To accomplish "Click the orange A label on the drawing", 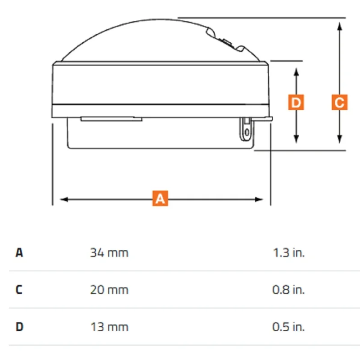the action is pyautogui.click(x=160, y=198).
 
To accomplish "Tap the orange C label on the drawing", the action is pyautogui.click(x=340, y=102).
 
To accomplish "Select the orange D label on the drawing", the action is pyautogui.click(x=296, y=102).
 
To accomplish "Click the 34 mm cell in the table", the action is pyautogui.click(x=109, y=253).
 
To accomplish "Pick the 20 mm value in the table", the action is pyautogui.click(x=109, y=290).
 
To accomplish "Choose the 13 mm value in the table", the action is pyautogui.click(x=109, y=327).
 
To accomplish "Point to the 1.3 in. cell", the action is pyautogui.click(x=288, y=253).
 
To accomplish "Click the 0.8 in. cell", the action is pyautogui.click(x=288, y=290).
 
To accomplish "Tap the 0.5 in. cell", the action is pyautogui.click(x=288, y=327).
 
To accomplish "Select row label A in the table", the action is pyautogui.click(x=19, y=253).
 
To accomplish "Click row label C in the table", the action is pyautogui.click(x=19, y=290).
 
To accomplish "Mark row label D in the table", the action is pyautogui.click(x=19, y=327).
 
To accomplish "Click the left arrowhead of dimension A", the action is pyautogui.click(x=63, y=199).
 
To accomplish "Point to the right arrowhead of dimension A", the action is pyautogui.click(x=259, y=199).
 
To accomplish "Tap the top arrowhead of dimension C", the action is pyautogui.click(x=340, y=26).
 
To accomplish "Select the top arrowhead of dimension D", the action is pyautogui.click(x=297, y=72).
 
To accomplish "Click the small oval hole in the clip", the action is pyautogui.click(x=247, y=132).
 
